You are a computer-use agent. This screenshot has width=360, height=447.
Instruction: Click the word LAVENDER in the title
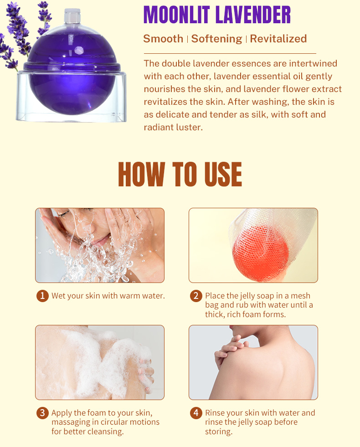[253, 15]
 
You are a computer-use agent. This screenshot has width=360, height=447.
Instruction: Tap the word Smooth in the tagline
[163, 38]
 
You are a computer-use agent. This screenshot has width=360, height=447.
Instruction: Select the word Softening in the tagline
[216, 39]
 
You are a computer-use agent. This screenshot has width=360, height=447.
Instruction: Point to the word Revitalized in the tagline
[278, 38]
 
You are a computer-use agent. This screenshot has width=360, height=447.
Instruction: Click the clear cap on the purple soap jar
[72, 16]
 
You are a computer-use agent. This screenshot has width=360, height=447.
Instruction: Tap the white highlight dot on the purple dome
[79, 51]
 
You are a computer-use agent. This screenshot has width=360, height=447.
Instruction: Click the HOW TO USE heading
[180, 174]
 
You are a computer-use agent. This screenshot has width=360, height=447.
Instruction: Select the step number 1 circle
[42, 296]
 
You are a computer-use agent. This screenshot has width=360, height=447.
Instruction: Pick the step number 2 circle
[196, 296]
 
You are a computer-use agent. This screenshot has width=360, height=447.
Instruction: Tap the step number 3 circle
[42, 413]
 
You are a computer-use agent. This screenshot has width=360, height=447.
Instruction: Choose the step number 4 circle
[196, 413]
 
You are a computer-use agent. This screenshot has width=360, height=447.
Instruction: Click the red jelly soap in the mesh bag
[260, 251]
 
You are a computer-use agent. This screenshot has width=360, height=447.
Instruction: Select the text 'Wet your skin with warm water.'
[108, 296]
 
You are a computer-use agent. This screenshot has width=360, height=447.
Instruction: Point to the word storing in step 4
[219, 432]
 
